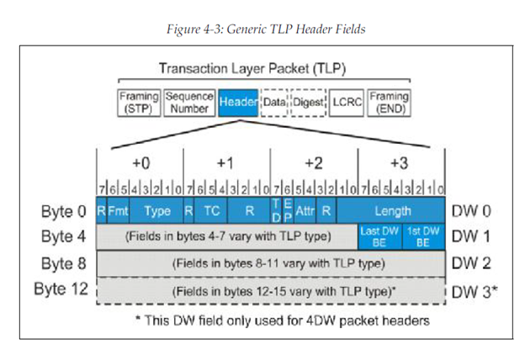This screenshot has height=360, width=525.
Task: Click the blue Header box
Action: tap(238, 102)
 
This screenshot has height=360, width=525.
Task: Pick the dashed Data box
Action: tap(274, 102)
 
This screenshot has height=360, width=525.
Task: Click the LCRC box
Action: tap(346, 102)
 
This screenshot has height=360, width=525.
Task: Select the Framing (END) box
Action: tap(389, 102)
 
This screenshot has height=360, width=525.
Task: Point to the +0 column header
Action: tap(140, 161)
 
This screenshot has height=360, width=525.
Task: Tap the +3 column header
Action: tap(401, 161)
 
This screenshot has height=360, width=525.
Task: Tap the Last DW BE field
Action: tap(379, 236)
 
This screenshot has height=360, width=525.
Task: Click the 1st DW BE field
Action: tap(423, 236)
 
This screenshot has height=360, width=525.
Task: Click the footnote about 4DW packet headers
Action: tap(271, 319)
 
